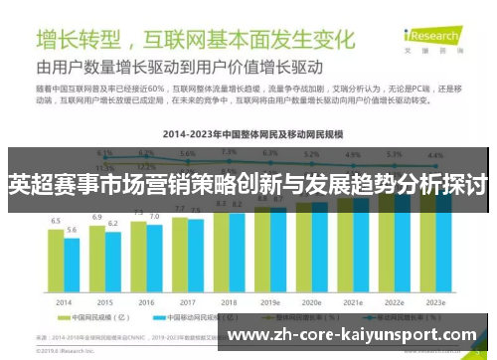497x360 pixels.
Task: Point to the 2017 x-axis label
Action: (187, 301)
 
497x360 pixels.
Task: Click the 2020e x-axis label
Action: (311, 301)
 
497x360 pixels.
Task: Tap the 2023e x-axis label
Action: (434, 301)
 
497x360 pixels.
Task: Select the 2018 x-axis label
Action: (229, 301)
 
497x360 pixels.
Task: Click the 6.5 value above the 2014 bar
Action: (56, 221)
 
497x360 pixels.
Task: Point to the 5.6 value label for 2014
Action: (72, 230)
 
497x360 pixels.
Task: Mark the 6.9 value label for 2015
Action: (97, 217)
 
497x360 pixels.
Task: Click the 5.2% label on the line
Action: (311, 154)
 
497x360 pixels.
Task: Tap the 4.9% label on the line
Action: (353, 155)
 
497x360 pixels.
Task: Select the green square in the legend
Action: (64, 319)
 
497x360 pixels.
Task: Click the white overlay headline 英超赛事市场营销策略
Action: (248, 185)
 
